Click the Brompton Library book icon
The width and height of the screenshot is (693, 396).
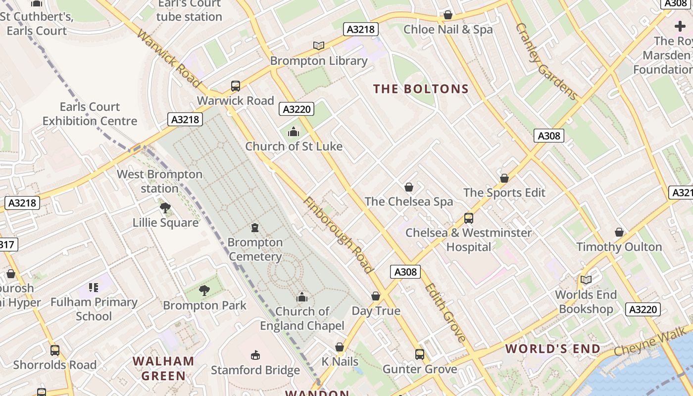pyautogui.click(x=319, y=46)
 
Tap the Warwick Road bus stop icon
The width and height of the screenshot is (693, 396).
pyautogui.click(x=236, y=86)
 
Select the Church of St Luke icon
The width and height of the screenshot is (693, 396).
pyautogui.click(x=294, y=132)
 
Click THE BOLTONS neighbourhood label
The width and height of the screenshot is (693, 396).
pyautogui.click(x=421, y=89)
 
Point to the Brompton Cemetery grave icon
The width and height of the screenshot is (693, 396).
pyautogui.click(x=255, y=228)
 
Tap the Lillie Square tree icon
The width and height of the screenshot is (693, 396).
pyautogui.click(x=165, y=208)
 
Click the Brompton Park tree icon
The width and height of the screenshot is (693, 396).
pyautogui.click(x=204, y=291)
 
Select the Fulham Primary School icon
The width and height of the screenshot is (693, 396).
pyautogui.click(x=94, y=288)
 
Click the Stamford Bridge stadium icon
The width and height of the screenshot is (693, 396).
pyautogui.click(x=255, y=355)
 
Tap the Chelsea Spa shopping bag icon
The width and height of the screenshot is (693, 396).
pyautogui.click(x=409, y=187)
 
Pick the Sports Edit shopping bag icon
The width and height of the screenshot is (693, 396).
pyautogui.click(x=504, y=178)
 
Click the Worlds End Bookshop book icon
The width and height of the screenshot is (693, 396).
pyautogui.click(x=586, y=280)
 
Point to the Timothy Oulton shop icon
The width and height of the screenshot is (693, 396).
pyautogui.click(x=619, y=232)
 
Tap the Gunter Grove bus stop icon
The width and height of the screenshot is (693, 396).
pyautogui.click(x=419, y=354)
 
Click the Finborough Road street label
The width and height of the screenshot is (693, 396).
pyautogui.click(x=338, y=235)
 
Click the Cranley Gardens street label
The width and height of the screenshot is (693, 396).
pyautogui.click(x=546, y=61)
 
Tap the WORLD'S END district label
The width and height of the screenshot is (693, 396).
pyautogui.click(x=553, y=348)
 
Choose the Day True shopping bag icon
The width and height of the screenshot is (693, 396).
pyautogui.click(x=376, y=296)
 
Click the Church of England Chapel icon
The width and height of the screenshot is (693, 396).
pyautogui.click(x=302, y=297)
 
